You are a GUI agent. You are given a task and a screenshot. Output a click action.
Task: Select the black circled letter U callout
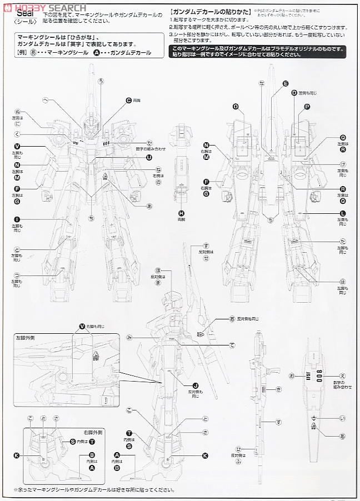tap(149, 157)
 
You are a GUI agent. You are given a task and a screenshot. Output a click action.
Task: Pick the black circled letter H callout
tap(181, 213)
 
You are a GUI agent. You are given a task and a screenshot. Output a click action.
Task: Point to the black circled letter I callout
tap(17, 219)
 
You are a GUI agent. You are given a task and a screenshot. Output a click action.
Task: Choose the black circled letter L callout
tap(343, 214)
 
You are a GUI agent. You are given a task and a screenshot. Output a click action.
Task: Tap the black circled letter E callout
tap(286, 83)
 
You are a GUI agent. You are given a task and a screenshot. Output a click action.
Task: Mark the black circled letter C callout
tap(128, 100)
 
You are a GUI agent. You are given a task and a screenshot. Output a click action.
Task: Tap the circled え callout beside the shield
tap(342, 376)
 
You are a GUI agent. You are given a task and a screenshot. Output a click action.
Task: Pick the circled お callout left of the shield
tap(290, 376)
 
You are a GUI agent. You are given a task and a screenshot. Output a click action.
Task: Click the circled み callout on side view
tap(129, 337)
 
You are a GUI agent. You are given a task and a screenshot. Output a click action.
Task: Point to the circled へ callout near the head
tap(44, 99)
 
